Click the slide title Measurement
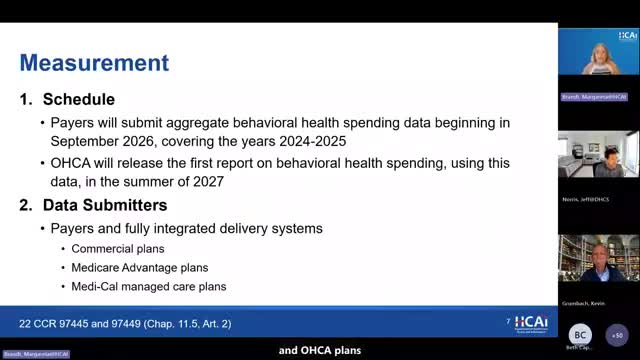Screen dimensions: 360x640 pyautogui.click(x=94, y=63)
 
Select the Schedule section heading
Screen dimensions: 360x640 pyautogui.click(x=79, y=100)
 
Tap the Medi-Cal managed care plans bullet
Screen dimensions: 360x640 pyautogui.click(x=149, y=286)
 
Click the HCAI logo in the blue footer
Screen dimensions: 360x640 pyautogui.click(x=530, y=323)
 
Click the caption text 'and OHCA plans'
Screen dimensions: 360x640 pyautogui.click(x=320, y=350)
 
